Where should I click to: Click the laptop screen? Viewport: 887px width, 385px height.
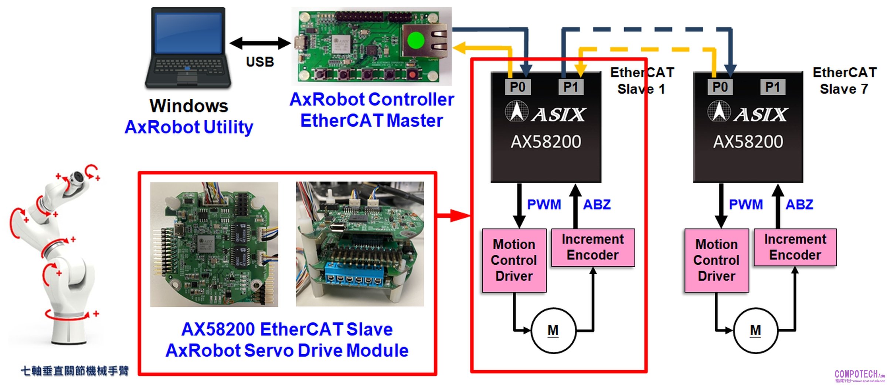tap(188, 33)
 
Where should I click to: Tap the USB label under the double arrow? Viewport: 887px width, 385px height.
tap(260, 62)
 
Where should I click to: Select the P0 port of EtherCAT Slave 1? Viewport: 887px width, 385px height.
tap(517, 87)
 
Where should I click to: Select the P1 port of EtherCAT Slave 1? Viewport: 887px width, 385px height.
tap(571, 87)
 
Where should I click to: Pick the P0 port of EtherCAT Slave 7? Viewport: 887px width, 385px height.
tap(720, 87)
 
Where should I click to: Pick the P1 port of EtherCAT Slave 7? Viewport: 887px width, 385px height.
tap(773, 87)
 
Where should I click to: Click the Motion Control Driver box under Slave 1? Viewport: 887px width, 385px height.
tap(514, 260)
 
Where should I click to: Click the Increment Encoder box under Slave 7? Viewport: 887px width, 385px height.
tap(795, 247)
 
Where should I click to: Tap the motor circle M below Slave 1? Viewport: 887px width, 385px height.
tap(553, 330)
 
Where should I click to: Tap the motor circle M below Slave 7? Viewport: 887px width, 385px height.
tap(755, 330)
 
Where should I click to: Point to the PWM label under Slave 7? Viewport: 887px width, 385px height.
tap(746, 204)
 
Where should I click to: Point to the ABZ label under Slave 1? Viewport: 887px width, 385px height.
tap(597, 204)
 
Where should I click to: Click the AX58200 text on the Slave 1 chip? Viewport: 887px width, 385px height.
tap(546, 142)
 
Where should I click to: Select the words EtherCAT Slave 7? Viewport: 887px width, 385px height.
tap(844, 81)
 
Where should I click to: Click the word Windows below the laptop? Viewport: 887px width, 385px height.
tap(189, 106)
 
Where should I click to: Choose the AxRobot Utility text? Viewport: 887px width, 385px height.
tap(189, 127)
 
